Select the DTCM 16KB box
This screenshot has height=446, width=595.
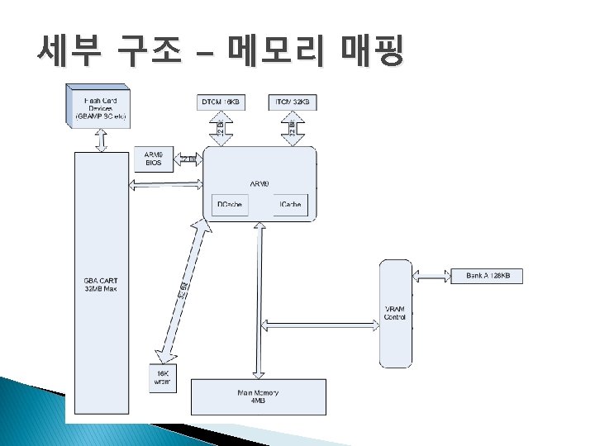coord(221,102)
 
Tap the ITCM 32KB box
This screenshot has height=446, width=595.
coord(293,102)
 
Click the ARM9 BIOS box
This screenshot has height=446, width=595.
coord(154,159)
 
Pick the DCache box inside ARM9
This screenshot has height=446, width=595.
coord(230,205)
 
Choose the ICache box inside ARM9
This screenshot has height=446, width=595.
coord(290,205)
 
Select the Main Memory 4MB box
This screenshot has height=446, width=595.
coord(258,397)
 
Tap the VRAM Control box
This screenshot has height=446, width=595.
coord(395,313)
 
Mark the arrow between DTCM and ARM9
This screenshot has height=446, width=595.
coord(221,129)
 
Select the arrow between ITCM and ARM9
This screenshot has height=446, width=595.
coord(293,129)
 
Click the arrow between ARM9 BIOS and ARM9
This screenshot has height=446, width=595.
coord(188,159)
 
